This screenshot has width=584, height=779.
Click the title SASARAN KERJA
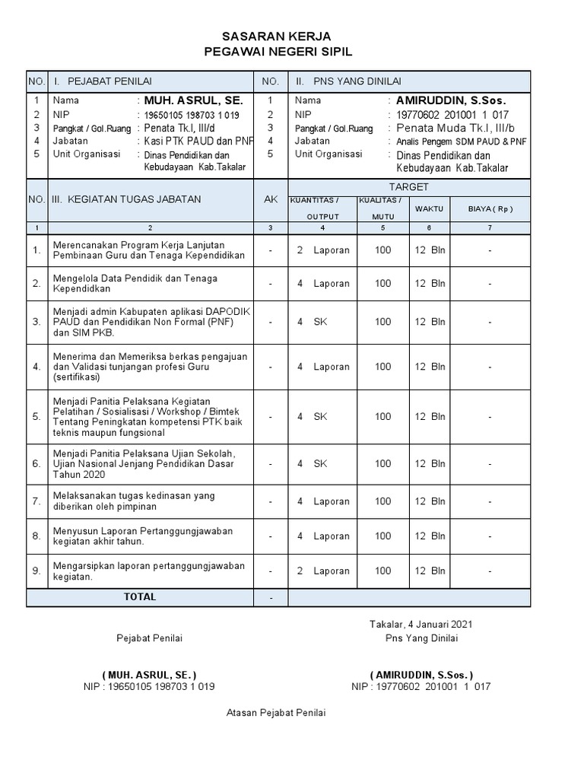(276, 37)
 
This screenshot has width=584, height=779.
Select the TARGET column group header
(409, 186)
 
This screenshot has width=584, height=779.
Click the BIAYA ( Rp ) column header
(489, 208)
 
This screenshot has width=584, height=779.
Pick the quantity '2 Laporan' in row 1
(323, 250)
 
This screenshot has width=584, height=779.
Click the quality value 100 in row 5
(383, 416)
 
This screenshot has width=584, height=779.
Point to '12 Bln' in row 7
(430, 501)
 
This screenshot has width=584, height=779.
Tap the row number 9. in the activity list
(36, 571)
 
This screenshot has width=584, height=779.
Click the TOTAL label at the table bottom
(140, 597)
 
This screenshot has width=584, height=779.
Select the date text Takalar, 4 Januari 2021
(421, 624)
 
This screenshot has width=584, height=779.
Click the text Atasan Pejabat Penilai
(276, 713)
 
